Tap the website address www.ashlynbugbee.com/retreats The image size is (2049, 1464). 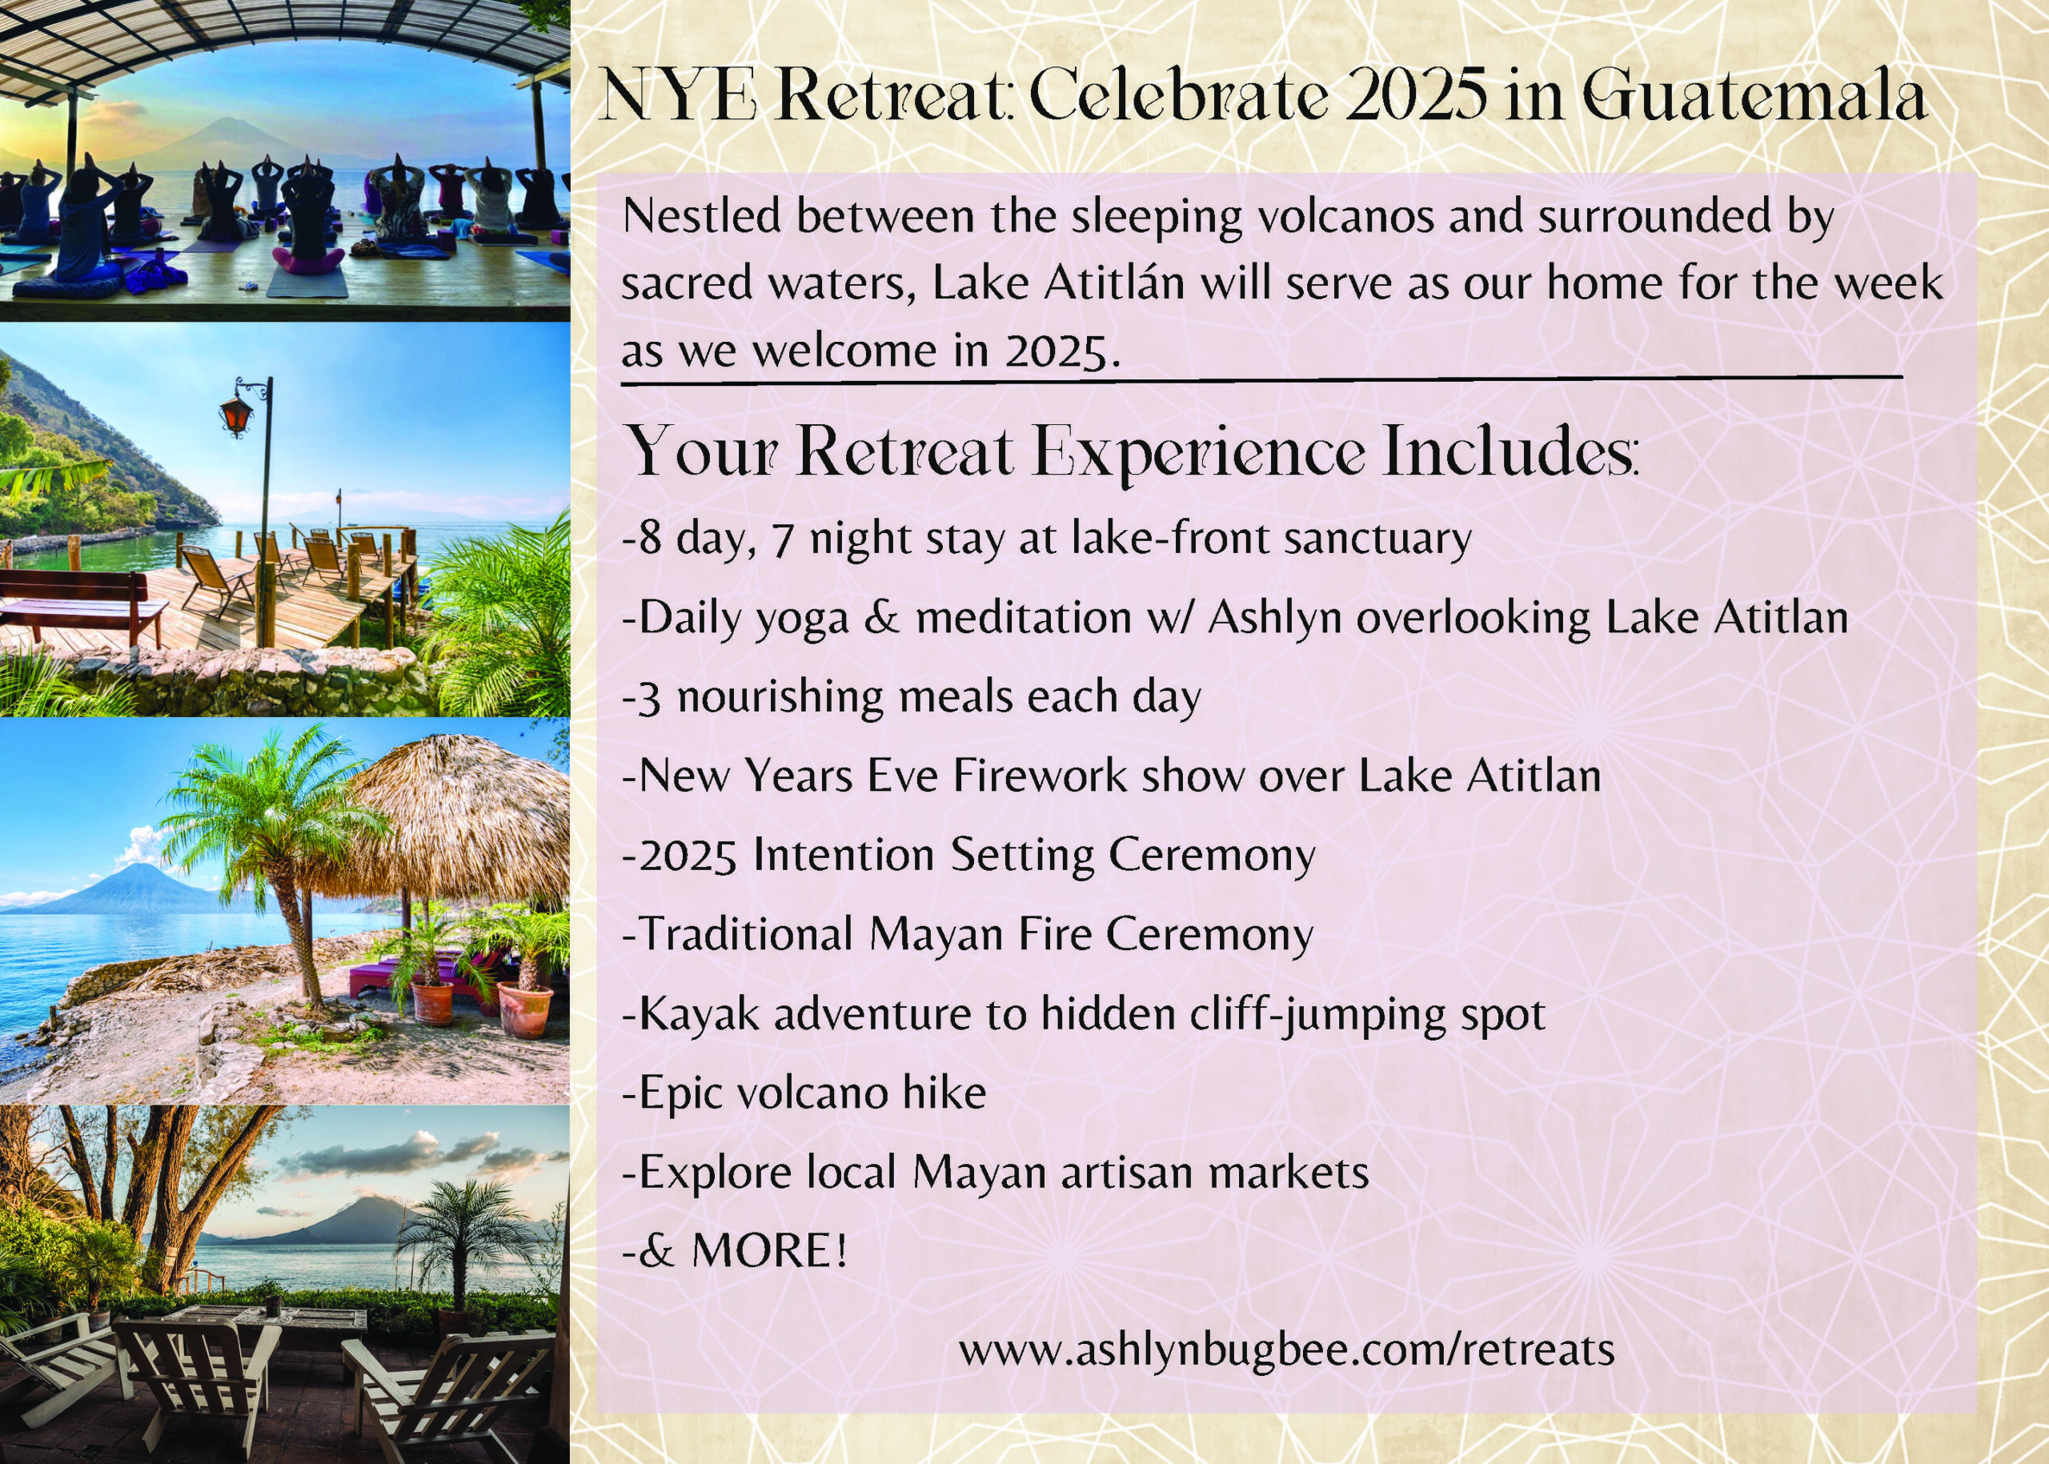[1286, 1350]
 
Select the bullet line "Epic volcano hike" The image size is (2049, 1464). [804, 1093]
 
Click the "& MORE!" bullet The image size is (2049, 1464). [735, 1250]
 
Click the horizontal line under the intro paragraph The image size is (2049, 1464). [1261, 381]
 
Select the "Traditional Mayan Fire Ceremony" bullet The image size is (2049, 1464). [967, 935]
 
